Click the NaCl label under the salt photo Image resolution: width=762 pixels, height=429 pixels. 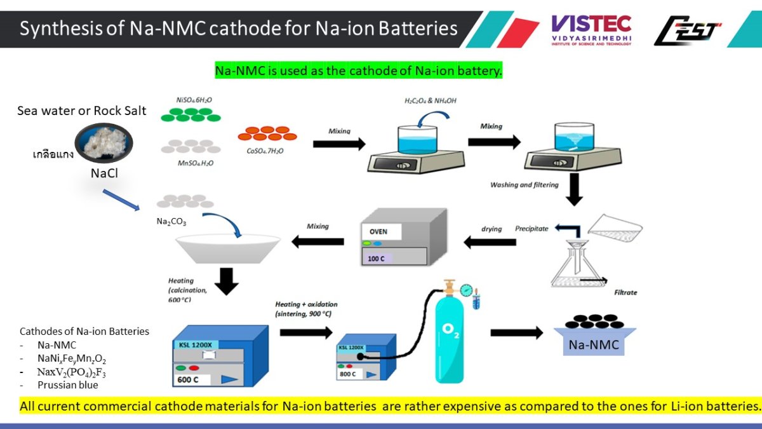point(104,173)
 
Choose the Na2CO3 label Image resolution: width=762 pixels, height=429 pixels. point(171,222)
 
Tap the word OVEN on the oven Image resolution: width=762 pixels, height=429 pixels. point(378,231)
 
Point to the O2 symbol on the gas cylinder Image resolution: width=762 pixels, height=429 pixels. point(450,330)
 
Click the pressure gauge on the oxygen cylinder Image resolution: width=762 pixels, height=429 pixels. point(467,290)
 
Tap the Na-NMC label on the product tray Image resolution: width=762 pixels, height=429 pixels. point(594,345)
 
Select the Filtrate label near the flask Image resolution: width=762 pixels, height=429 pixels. point(625,293)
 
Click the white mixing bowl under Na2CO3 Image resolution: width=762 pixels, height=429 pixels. point(227,248)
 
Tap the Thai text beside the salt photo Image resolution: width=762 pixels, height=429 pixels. point(53,154)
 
